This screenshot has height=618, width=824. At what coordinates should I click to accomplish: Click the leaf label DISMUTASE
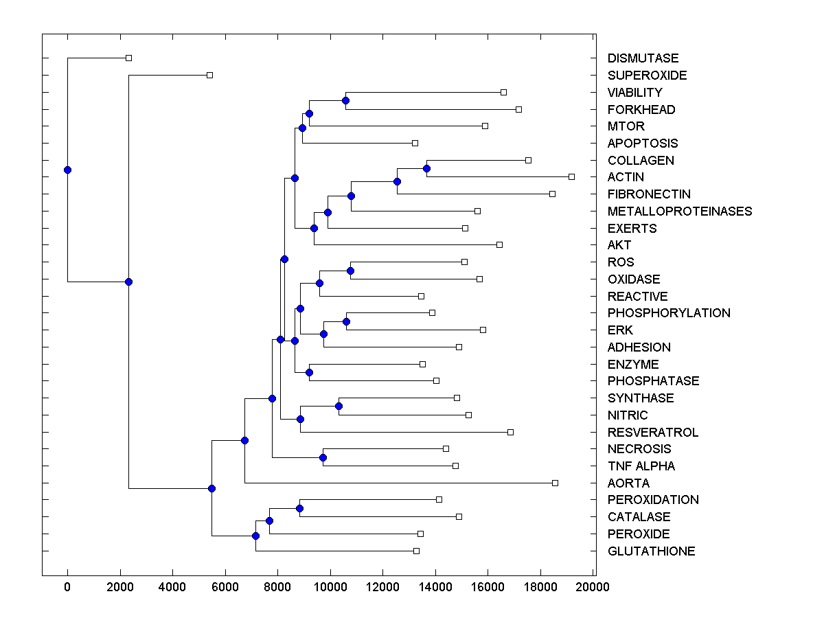(643, 58)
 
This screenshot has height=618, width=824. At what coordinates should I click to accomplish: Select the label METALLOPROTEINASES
(680, 211)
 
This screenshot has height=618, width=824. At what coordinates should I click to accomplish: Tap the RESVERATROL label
(652, 432)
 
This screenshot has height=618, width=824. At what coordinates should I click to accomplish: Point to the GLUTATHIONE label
(651, 551)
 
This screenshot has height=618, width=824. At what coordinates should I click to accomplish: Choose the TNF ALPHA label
(641, 466)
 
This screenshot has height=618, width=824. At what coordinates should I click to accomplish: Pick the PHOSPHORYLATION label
(669, 312)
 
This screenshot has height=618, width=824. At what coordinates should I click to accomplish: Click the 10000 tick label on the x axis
(330, 586)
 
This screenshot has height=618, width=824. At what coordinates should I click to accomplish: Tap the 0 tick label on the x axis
(67, 586)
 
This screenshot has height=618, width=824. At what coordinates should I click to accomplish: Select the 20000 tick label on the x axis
(593, 586)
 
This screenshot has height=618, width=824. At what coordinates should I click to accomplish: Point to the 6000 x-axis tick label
(225, 586)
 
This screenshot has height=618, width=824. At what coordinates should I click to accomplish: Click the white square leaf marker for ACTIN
(571, 176)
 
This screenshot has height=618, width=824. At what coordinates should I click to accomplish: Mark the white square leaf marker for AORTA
(555, 483)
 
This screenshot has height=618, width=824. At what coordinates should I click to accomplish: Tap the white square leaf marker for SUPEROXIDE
(210, 75)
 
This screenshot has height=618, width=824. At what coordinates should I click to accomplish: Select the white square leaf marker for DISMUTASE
(128, 58)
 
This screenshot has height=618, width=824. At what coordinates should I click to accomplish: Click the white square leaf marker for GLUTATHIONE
(416, 551)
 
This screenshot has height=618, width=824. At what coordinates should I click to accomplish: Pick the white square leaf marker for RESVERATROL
(510, 432)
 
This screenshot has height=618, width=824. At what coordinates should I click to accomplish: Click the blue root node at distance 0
(67, 170)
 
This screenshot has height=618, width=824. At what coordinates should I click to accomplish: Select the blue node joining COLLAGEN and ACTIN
(426, 168)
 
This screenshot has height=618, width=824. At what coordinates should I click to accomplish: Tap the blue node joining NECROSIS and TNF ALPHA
(323, 457)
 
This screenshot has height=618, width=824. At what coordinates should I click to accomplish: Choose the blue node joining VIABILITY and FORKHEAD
(345, 101)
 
